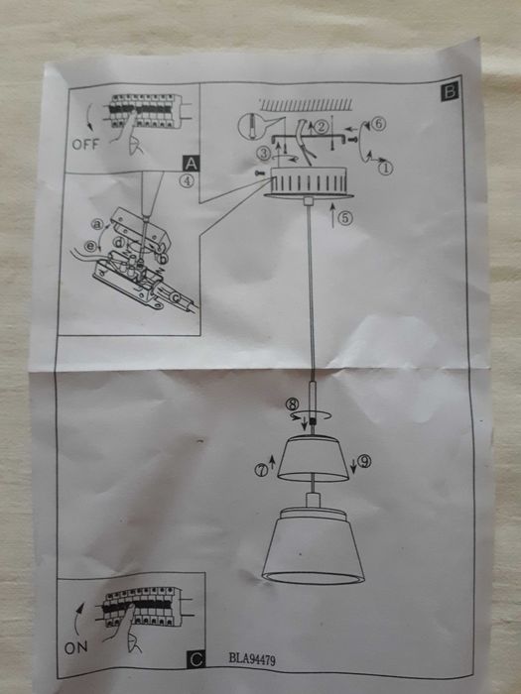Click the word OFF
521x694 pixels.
pyautogui.click(x=86, y=143)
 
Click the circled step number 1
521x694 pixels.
pyautogui.click(x=387, y=169)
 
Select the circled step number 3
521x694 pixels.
pyautogui.click(x=263, y=153)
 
